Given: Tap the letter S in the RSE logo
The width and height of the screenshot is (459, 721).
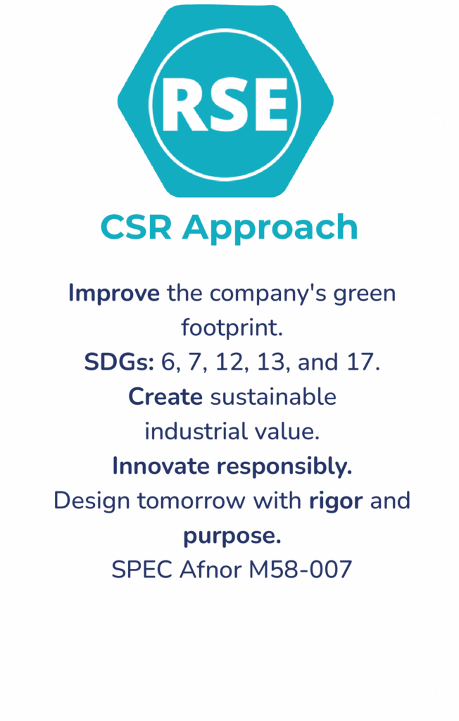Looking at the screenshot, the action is click(222, 105).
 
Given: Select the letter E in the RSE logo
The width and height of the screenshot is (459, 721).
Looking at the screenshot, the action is click(268, 105).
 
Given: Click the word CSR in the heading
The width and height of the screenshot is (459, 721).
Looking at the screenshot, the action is click(136, 227).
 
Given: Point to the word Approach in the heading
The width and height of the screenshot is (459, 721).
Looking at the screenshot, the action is click(270, 229).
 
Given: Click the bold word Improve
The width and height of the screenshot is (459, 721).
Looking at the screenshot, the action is click(114, 294).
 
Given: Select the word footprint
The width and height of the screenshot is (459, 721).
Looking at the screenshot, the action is click(232, 327).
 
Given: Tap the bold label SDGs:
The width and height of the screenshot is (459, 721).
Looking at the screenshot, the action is click(119, 362).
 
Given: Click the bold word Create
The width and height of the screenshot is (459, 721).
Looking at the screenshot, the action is click(165, 396).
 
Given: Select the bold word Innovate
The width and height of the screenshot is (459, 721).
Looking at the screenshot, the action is click(161, 466).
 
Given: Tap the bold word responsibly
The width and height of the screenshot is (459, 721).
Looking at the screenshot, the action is click(284, 468).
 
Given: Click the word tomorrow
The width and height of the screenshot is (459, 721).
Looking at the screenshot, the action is click(191, 501).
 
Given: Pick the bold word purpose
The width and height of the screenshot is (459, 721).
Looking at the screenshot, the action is click(232, 537).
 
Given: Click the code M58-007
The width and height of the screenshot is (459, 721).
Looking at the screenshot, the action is click(301, 570).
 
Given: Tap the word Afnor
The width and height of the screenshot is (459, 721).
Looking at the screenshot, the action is click(210, 570).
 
